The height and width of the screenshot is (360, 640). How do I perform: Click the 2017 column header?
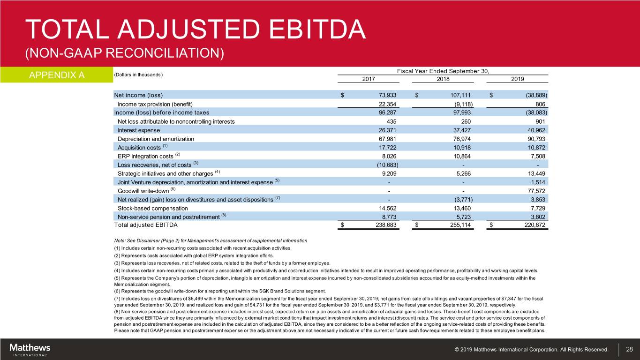369,79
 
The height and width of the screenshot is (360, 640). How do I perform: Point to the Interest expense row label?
139,130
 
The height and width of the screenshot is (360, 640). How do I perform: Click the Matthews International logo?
30,349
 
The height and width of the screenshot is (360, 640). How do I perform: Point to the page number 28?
629,349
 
